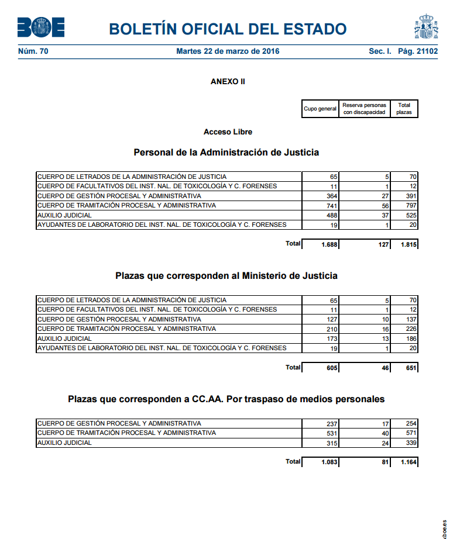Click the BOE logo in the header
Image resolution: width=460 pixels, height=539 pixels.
click(x=41, y=27)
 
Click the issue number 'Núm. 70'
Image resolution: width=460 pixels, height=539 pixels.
click(x=33, y=51)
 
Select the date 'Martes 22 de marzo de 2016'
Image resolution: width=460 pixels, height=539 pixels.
click(x=228, y=51)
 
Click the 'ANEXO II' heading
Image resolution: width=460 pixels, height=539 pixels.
click(x=228, y=82)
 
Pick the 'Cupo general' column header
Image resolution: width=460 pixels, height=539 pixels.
click(x=320, y=109)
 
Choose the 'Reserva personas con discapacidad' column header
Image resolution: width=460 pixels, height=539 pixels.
click(x=364, y=109)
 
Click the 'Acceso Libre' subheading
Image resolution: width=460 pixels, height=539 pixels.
click(x=228, y=132)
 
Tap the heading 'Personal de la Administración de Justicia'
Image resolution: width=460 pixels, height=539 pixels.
click(x=226, y=153)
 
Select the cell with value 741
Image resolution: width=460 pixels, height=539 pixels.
click(x=332, y=206)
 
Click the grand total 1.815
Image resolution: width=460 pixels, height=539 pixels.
click(x=408, y=245)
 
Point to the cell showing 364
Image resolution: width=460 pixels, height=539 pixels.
click(x=332, y=196)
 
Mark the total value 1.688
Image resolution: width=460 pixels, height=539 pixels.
click(x=329, y=245)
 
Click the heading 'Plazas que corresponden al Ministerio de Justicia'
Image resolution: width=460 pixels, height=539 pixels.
click(x=226, y=275)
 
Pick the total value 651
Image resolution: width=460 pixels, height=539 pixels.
click(x=410, y=368)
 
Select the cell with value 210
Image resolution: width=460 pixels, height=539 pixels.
click(x=332, y=330)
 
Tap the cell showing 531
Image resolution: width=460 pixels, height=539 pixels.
click(x=332, y=434)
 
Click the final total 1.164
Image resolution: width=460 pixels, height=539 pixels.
click(x=408, y=462)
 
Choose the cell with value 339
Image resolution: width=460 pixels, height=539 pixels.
click(x=411, y=444)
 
